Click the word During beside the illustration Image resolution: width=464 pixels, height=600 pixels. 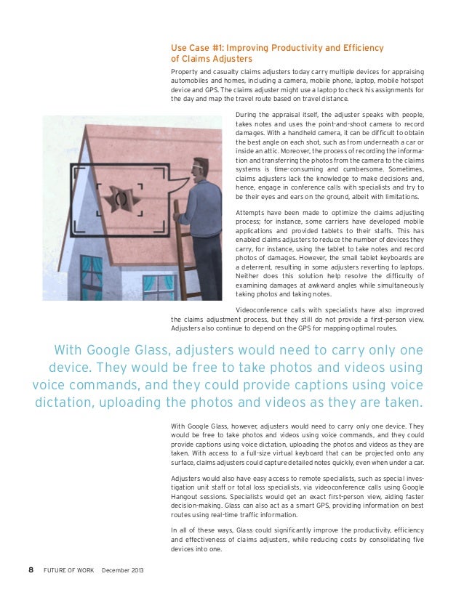[247, 115]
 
